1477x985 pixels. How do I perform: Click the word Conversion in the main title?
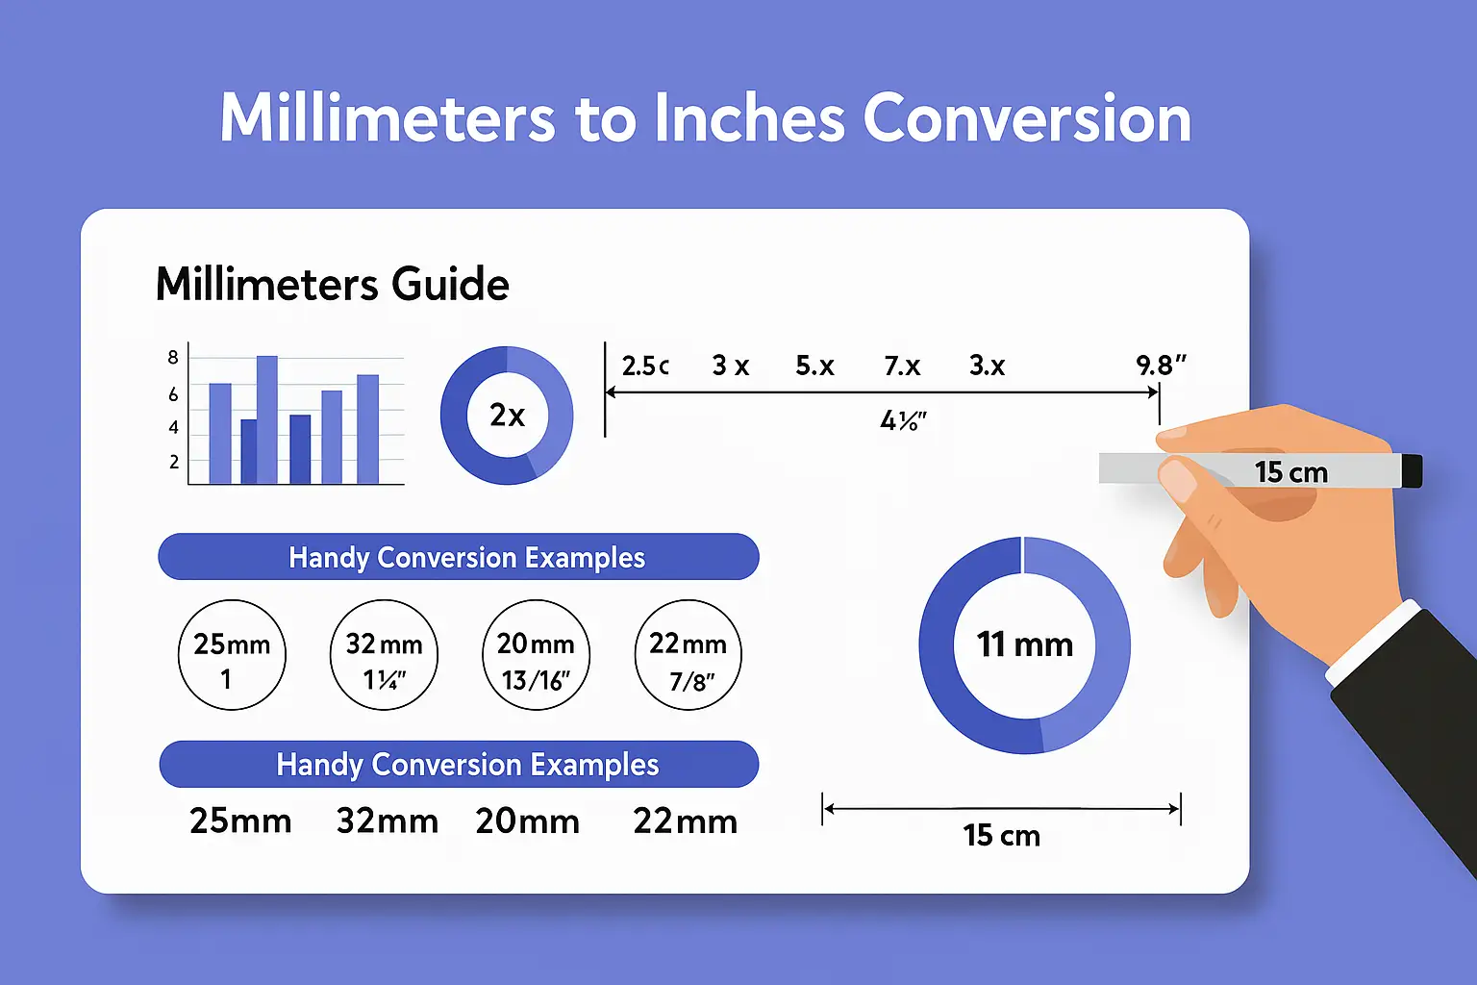click(x=1026, y=119)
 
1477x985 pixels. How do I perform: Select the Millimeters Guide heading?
click(x=332, y=285)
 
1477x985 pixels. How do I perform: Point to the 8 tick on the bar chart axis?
click(x=173, y=358)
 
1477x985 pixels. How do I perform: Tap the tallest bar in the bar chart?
click(x=266, y=418)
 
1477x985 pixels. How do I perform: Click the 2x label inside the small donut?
click(x=507, y=416)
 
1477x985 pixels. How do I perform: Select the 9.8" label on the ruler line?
click(x=1161, y=366)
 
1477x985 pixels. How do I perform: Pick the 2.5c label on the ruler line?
click(x=644, y=366)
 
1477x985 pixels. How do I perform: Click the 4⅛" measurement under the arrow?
click(x=903, y=421)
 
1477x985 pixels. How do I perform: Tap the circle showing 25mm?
click(x=232, y=655)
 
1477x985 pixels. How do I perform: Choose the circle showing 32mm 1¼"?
click(x=384, y=655)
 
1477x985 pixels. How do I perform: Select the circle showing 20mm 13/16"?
click(x=536, y=655)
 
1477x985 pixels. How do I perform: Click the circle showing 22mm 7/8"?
click(x=688, y=655)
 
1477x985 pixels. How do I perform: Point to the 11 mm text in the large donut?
click(x=1025, y=644)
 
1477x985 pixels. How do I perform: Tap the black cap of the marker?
click(x=1412, y=470)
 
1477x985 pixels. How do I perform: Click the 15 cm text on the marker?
click(x=1290, y=472)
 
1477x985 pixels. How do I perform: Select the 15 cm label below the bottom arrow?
click(x=1001, y=836)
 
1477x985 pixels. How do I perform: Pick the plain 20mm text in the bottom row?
click(x=527, y=821)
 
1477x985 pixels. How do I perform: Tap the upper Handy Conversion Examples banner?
click(x=459, y=557)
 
